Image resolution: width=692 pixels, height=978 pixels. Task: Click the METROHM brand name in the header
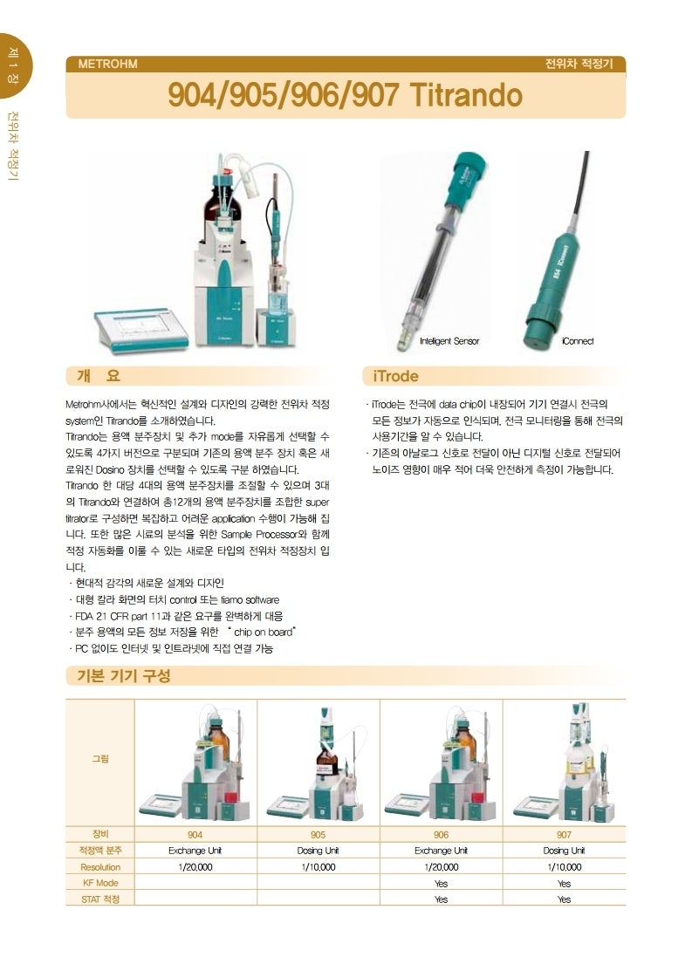click(107, 64)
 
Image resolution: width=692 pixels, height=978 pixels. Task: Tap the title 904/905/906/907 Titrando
click(346, 95)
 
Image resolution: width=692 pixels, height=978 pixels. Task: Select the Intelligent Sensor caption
click(449, 341)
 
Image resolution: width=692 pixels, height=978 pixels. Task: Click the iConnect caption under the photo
click(577, 341)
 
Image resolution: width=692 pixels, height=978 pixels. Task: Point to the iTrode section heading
click(395, 376)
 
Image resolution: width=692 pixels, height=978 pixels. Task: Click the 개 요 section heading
click(98, 376)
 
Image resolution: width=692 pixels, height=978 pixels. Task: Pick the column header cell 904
click(195, 834)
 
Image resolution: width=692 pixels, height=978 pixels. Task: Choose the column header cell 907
click(564, 834)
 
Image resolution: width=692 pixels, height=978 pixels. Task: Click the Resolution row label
click(100, 867)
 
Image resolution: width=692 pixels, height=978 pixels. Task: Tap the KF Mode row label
click(100, 883)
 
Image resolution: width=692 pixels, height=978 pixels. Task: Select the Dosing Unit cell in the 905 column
click(319, 851)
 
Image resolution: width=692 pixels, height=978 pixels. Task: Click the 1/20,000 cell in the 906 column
click(441, 867)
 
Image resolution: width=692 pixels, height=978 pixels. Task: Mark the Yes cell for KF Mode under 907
click(564, 883)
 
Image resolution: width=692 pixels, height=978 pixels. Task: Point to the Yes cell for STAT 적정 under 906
click(441, 899)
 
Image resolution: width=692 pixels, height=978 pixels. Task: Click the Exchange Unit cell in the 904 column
click(195, 851)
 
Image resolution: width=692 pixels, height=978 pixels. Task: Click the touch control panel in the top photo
click(140, 329)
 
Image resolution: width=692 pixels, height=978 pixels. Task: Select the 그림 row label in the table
click(100, 759)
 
